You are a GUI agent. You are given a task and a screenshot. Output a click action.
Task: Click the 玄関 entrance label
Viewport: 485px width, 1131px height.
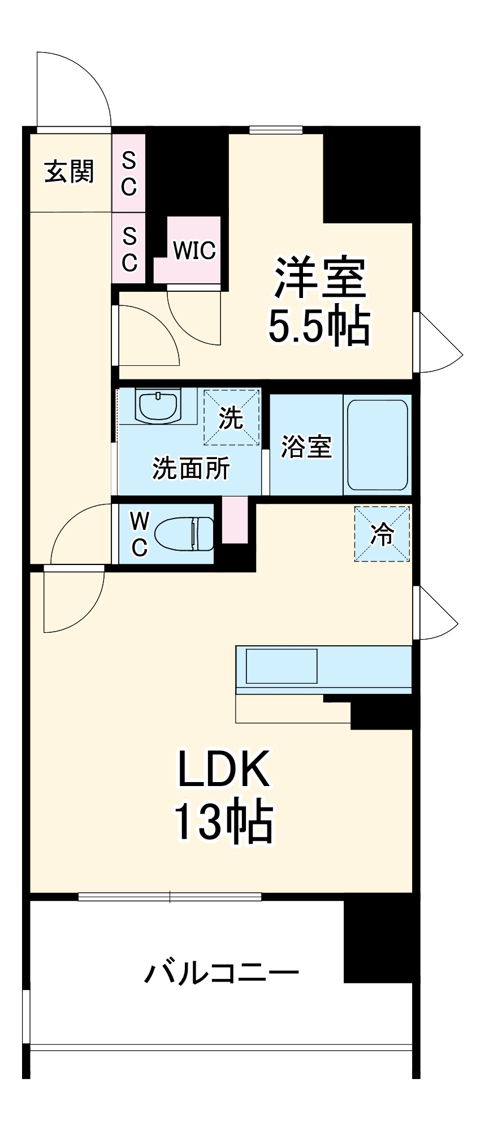[69, 171]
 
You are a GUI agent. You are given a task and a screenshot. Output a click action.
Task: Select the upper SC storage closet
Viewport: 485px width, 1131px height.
[129, 173]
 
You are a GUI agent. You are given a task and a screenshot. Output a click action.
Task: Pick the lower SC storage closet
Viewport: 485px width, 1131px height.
[129, 248]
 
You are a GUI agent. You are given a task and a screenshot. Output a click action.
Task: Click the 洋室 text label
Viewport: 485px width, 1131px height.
[320, 278]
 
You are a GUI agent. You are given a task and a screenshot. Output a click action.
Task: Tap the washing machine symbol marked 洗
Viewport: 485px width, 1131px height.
[232, 417]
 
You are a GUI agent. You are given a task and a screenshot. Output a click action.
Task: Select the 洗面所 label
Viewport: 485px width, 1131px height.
[191, 468]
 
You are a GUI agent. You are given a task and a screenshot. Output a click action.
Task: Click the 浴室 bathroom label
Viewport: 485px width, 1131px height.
[306, 446]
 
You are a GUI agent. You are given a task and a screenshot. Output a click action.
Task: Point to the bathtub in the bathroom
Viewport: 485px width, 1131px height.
[377, 444]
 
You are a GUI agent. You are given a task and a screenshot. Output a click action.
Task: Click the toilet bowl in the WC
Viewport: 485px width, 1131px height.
[184, 533]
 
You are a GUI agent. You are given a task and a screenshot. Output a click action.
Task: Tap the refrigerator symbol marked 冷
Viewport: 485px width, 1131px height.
[382, 534]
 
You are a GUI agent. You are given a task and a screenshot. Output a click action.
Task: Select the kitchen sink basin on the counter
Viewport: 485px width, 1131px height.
[281, 666]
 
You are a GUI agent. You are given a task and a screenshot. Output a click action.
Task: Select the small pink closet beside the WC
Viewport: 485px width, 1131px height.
[235, 520]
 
